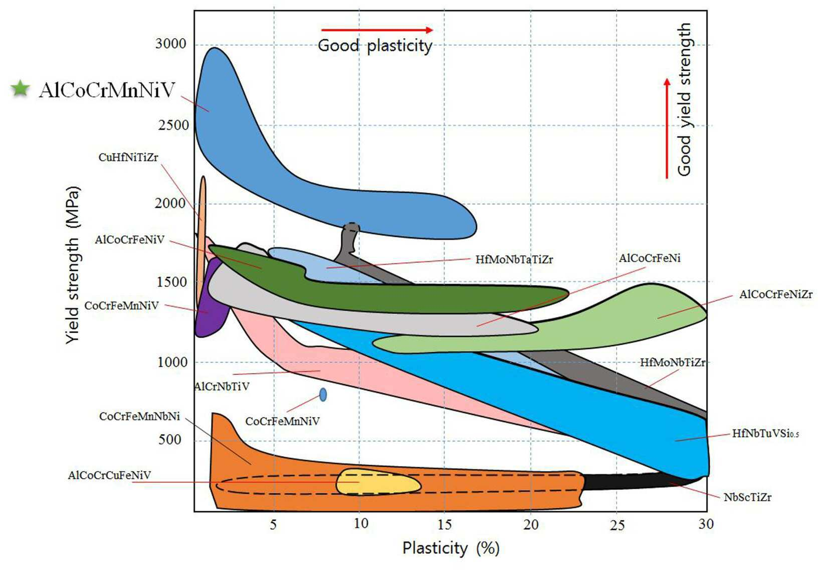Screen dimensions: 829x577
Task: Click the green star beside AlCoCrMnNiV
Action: [20, 89]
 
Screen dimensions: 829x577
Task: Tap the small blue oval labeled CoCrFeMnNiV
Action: [323, 395]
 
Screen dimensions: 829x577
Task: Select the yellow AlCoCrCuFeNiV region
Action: [378, 482]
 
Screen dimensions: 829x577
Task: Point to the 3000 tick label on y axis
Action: [170, 44]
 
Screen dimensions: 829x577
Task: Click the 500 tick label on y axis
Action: [169, 440]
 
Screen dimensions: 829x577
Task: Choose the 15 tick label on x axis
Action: [444, 524]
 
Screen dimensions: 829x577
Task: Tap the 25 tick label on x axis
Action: [617, 525]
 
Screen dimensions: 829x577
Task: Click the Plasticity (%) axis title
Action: [451, 548]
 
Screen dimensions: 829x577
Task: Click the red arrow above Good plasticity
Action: [377, 30]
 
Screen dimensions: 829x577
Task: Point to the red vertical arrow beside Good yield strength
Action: [667, 128]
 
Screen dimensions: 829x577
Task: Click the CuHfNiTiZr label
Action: [128, 158]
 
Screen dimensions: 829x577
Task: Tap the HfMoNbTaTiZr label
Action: [514, 259]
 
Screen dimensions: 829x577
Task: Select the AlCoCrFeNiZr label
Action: [776, 294]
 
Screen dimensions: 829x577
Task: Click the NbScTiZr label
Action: [748, 497]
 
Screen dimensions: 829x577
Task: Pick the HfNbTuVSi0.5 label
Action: [765, 434]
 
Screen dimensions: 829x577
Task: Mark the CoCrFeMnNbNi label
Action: [139, 416]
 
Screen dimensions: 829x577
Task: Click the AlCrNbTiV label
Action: [222, 386]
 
